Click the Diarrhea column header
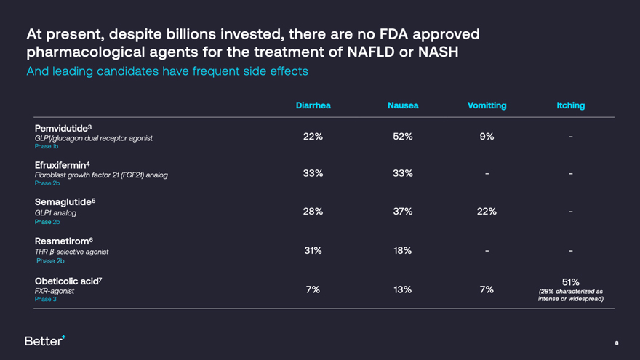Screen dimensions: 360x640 coord(313,105)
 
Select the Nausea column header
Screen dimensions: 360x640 coord(403,105)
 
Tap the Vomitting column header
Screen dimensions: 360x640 coord(487,105)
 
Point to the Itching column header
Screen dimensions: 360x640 coord(570,105)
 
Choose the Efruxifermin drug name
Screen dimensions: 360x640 coord(63,164)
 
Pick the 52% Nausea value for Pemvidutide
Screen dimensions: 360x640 coord(403,136)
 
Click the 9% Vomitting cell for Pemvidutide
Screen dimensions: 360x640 coord(487,136)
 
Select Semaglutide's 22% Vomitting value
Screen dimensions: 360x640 coord(487,211)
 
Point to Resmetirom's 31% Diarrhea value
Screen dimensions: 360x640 coord(313,250)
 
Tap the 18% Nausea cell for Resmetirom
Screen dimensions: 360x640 coord(403,250)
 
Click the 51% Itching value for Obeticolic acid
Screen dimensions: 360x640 coord(570,281)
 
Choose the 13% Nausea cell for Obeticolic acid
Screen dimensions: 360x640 coord(403,289)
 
